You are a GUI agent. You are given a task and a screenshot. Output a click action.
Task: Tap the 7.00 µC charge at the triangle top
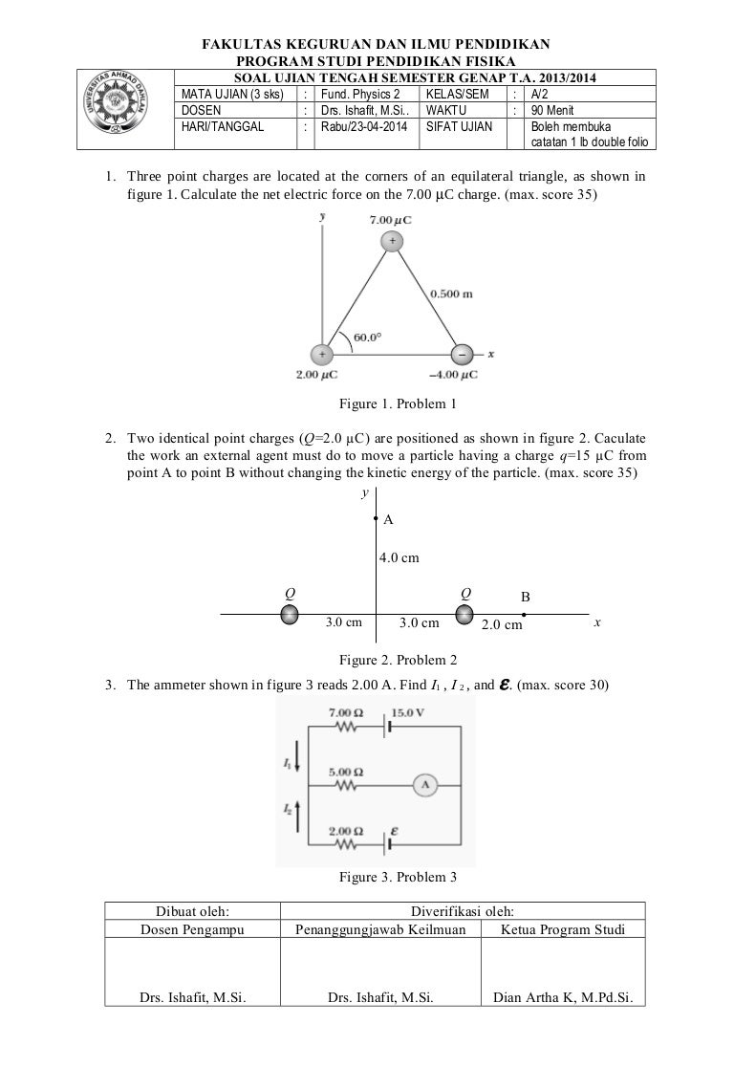390,242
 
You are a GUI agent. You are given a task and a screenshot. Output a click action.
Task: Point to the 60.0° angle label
367,337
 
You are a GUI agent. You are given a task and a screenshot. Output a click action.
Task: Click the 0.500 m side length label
451,294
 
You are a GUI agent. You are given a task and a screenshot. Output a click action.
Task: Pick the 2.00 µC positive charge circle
322,354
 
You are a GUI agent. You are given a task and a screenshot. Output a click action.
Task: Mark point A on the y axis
377,520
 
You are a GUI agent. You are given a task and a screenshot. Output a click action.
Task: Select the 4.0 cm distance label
399,556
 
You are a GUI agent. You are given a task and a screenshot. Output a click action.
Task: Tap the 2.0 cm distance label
501,625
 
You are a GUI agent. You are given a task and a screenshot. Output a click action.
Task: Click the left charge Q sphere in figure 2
287,614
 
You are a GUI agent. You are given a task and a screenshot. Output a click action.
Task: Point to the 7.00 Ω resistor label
346,713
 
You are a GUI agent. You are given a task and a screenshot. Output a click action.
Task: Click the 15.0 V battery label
408,713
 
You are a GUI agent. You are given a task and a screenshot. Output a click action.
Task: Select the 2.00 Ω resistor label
346,831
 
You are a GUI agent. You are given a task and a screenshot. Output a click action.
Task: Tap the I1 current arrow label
289,761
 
